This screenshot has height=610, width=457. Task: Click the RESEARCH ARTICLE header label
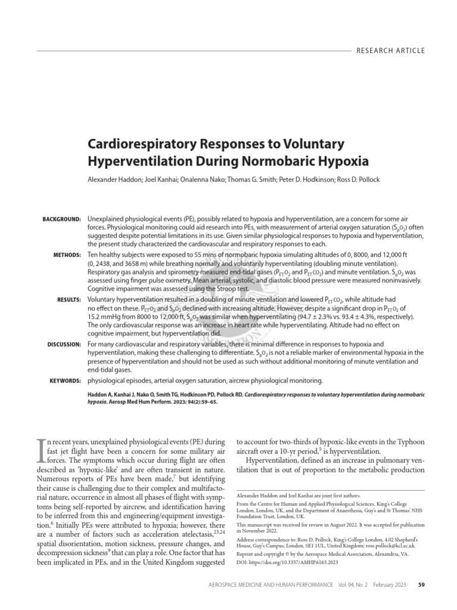(x=390, y=51)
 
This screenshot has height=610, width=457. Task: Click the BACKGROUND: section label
(x=61, y=220)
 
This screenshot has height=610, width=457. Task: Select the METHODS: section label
(x=67, y=255)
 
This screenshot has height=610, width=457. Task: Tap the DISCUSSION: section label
(x=64, y=344)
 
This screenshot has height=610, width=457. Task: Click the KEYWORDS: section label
(x=64, y=379)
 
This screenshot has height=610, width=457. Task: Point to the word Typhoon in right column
(x=406, y=443)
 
